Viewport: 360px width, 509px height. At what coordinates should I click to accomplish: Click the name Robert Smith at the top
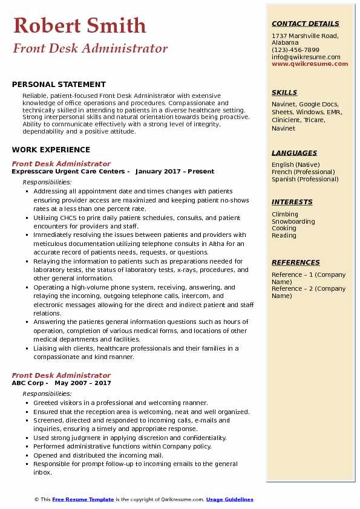tap(79, 25)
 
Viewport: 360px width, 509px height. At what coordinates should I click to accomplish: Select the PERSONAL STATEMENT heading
tap(59, 85)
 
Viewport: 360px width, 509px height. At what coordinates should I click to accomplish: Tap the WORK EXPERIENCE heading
tap(51, 150)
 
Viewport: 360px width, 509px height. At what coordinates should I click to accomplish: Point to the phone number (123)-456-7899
tap(295, 50)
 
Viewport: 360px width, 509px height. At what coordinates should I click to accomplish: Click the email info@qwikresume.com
tap(306, 57)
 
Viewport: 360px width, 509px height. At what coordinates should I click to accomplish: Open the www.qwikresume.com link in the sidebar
tap(310, 63)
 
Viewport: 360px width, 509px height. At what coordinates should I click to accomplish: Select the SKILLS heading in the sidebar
tap(284, 93)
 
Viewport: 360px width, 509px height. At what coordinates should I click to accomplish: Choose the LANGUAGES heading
tap(294, 154)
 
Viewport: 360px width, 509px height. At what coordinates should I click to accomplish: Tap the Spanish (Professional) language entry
tap(306, 179)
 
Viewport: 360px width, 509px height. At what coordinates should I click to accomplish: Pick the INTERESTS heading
tap(292, 203)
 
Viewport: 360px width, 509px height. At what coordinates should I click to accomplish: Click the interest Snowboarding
tap(293, 221)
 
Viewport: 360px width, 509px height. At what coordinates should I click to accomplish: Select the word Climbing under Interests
tap(285, 214)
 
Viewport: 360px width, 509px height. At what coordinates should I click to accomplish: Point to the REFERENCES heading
tap(295, 263)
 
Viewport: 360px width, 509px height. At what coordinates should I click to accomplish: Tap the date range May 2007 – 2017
tap(83, 383)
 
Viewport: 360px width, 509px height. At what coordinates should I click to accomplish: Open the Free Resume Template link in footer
tap(83, 499)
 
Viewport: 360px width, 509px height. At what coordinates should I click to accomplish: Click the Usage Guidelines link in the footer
tap(229, 499)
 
